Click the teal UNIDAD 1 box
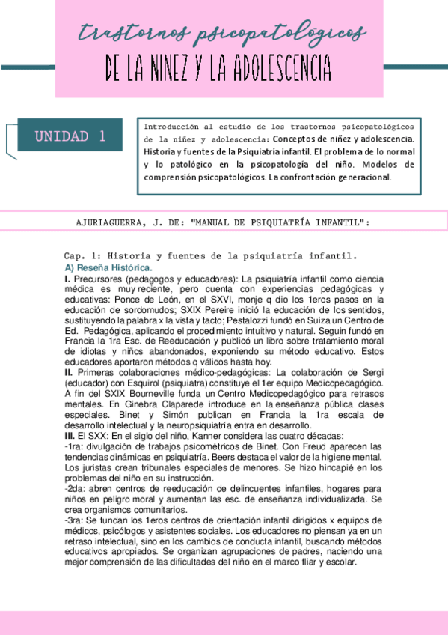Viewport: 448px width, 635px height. tap(70, 136)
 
